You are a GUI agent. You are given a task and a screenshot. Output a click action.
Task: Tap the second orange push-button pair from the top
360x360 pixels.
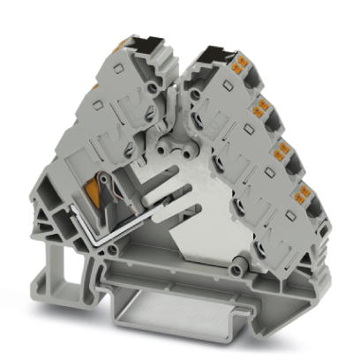point(262,109)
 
